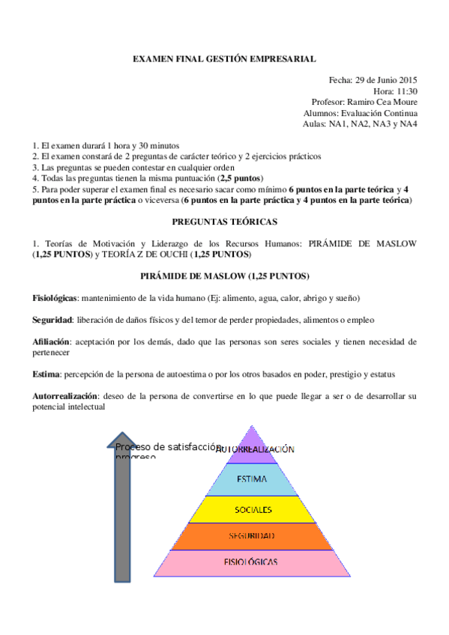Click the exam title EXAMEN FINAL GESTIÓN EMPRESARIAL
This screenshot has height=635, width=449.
click(224, 58)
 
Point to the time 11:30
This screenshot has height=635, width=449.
click(405, 91)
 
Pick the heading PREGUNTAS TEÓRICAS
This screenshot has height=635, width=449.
click(224, 222)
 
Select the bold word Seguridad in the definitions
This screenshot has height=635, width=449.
click(52, 320)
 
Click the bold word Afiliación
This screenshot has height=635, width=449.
click(52, 341)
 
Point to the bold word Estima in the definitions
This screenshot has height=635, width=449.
click(46, 374)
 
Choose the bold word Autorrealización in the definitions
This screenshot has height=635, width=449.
click(65, 395)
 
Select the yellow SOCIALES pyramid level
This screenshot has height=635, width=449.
click(253, 510)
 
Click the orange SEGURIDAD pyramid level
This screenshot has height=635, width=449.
click(254, 536)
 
